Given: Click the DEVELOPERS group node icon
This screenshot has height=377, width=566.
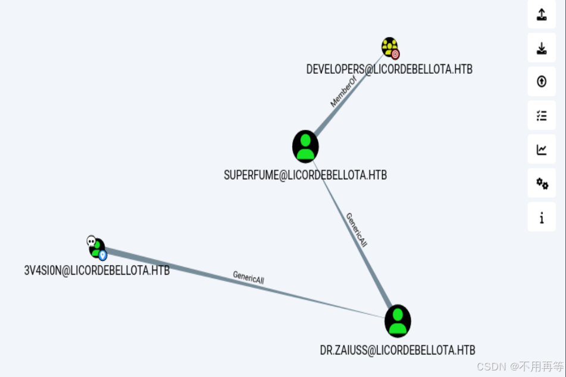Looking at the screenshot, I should [x=389, y=46].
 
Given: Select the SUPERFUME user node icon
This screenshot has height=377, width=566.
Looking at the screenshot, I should [x=305, y=146].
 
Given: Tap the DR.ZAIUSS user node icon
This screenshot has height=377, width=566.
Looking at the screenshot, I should [x=398, y=320].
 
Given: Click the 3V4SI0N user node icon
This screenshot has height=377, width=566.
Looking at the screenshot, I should [x=96, y=247].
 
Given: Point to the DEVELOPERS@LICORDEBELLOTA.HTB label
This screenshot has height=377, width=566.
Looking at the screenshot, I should [x=389, y=69].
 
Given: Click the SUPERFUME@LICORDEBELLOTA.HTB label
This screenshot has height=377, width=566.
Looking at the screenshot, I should [x=305, y=175].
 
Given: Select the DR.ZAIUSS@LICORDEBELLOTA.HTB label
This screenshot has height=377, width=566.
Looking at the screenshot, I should [x=398, y=350].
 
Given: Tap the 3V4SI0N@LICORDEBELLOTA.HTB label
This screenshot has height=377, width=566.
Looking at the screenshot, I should [x=96, y=270].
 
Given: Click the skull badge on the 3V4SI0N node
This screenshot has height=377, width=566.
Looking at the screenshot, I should [x=91, y=241].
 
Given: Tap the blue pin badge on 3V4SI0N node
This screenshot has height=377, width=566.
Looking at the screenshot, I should [x=102, y=256].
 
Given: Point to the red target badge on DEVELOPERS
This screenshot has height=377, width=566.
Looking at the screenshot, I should [x=395, y=54].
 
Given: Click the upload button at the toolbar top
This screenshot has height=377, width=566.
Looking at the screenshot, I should [x=542, y=14].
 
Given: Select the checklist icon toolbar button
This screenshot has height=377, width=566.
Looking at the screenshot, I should [x=542, y=115].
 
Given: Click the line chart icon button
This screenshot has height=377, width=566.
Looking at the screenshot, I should [x=542, y=149].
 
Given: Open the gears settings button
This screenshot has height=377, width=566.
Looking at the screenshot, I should [x=542, y=183].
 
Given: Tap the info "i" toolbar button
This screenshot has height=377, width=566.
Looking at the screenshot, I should [x=542, y=217].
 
